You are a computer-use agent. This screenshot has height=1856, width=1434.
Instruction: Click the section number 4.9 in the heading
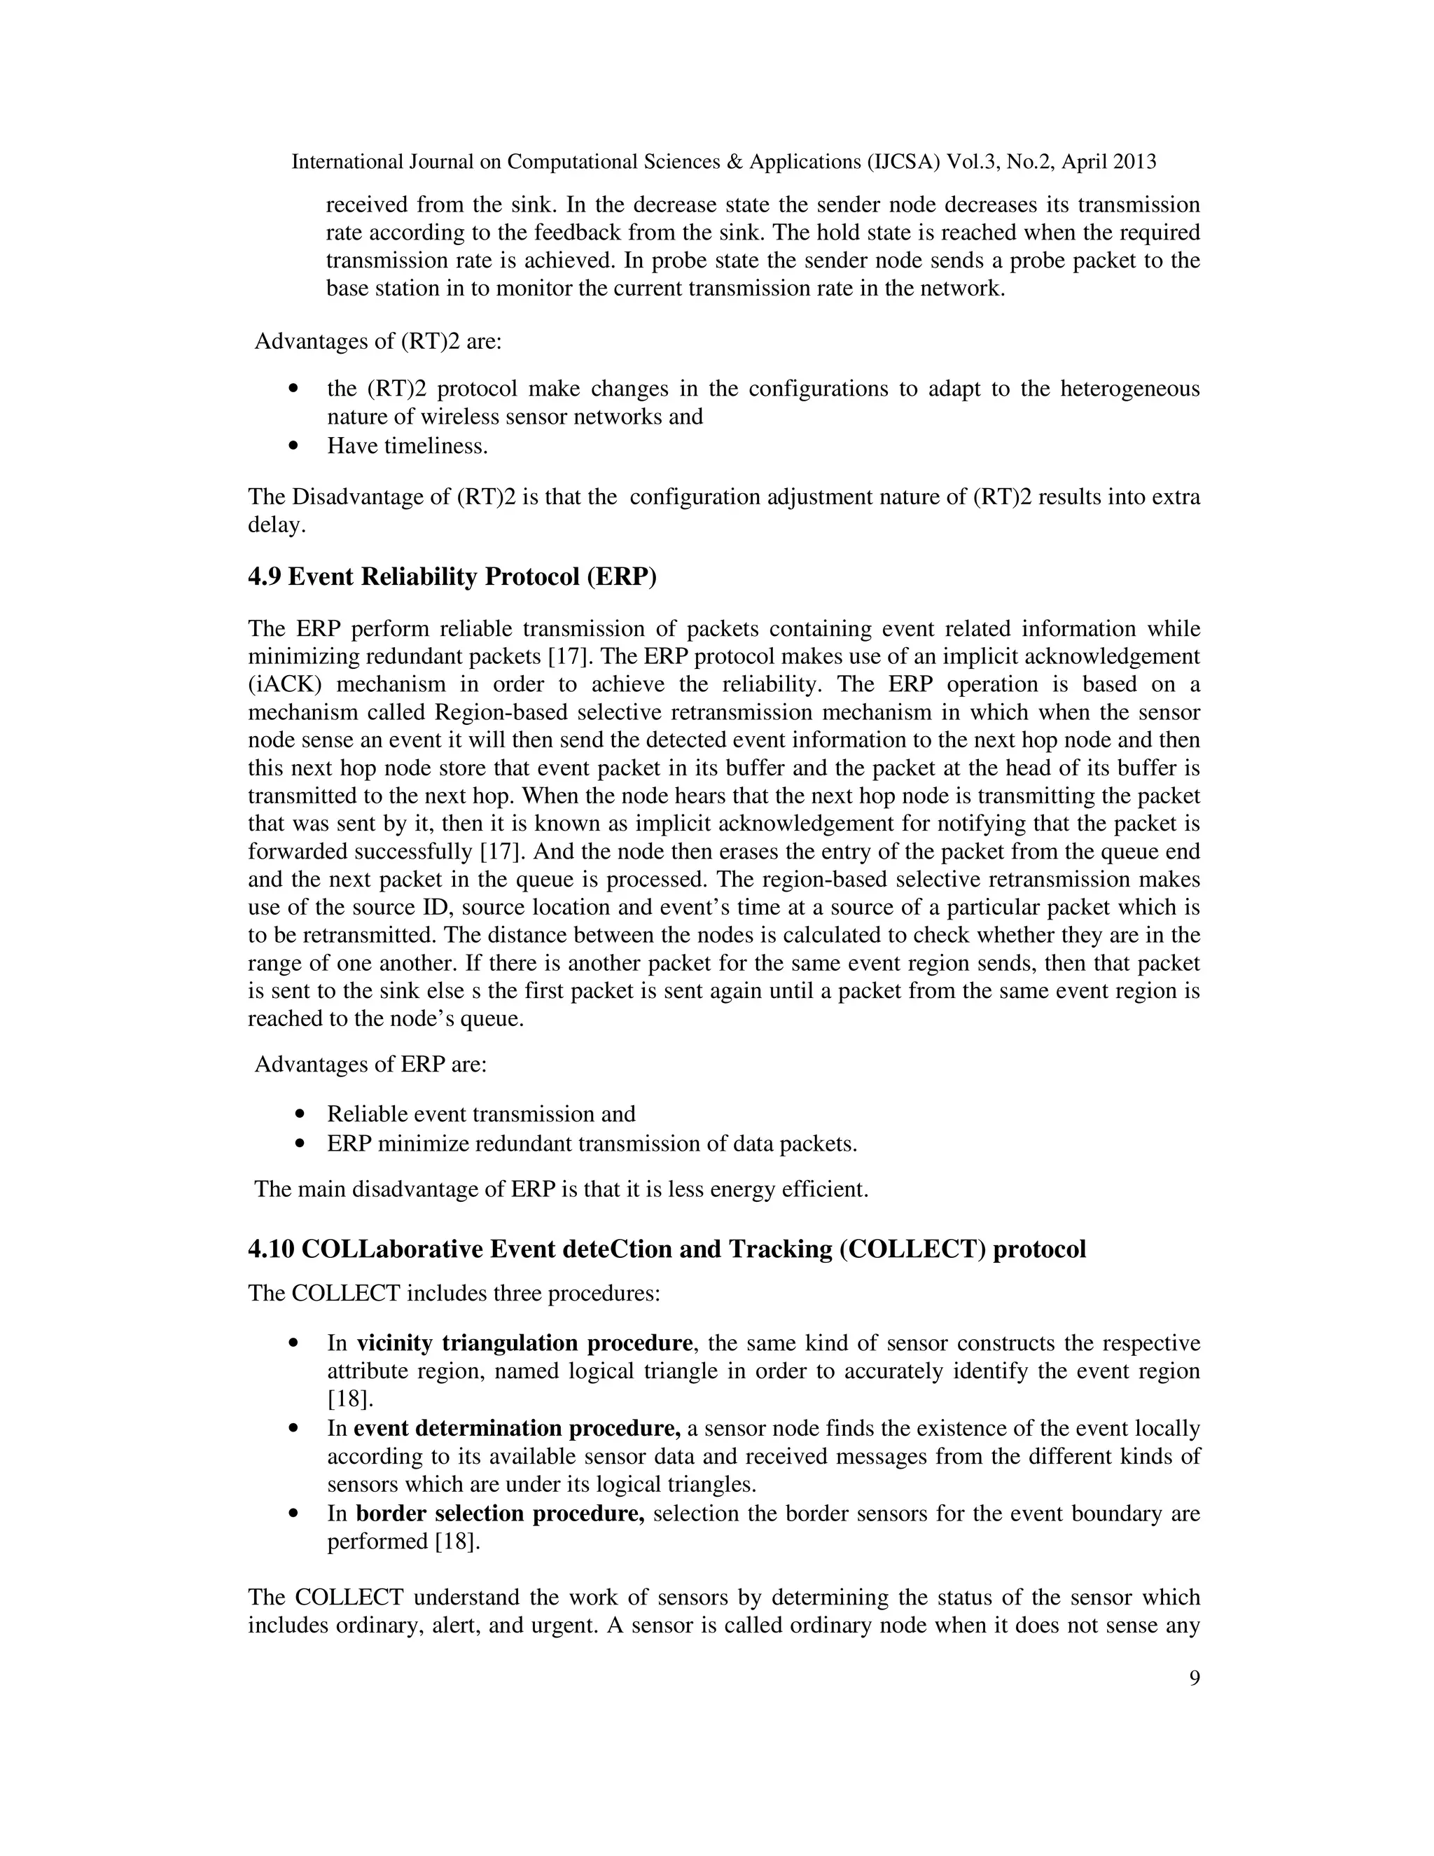[x=265, y=577]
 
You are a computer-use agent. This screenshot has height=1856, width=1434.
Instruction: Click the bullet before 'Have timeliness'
[x=294, y=445]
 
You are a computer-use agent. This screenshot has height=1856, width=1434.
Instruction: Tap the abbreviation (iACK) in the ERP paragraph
[x=279, y=684]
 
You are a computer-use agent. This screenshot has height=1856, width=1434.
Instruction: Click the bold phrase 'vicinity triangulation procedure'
[x=524, y=1343]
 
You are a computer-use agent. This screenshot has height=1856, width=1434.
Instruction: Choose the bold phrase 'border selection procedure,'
[x=499, y=1513]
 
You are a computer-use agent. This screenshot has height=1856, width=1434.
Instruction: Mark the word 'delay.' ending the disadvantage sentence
[x=276, y=525]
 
